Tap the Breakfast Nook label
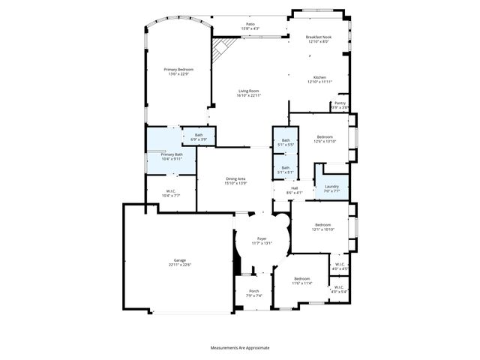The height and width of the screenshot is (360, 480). [319, 39]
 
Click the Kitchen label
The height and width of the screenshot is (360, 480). [319, 79]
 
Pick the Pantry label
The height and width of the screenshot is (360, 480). [340, 105]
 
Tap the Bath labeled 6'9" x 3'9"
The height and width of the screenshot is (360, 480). [198, 136]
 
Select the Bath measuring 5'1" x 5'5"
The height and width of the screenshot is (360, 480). [285, 142]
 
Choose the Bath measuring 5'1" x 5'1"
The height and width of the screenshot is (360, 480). [285, 169]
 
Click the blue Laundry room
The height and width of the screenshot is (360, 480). [331, 188]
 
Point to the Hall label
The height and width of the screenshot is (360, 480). [294, 190]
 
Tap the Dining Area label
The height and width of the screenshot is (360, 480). [236, 181]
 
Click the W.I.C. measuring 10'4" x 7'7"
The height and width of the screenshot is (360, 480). [170, 193]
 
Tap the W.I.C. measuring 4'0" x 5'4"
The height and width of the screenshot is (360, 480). [339, 289]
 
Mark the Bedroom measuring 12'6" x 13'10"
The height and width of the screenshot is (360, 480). [324, 139]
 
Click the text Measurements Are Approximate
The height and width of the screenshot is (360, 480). [240, 347]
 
